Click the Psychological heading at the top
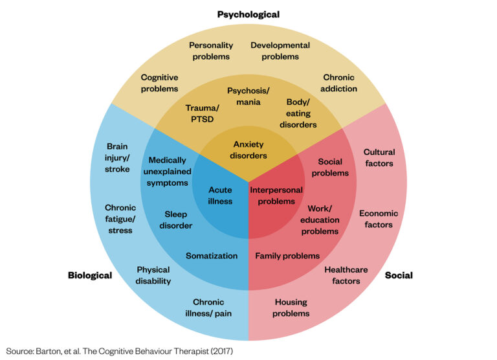[248, 14]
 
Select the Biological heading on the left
[90, 275]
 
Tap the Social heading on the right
[399, 275]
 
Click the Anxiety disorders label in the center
[249, 150]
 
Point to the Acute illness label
[220, 196]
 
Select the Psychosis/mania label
[249, 96]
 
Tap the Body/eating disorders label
[298, 113]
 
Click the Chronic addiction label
[338, 83]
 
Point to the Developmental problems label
[280, 51]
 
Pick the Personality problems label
[210, 51]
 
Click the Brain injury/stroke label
[118, 158]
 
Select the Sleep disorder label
[176, 219]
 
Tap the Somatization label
[212, 256]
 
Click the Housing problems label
[291, 308]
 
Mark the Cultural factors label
[379, 158]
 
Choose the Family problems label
[287, 256]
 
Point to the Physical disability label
[153, 275]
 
